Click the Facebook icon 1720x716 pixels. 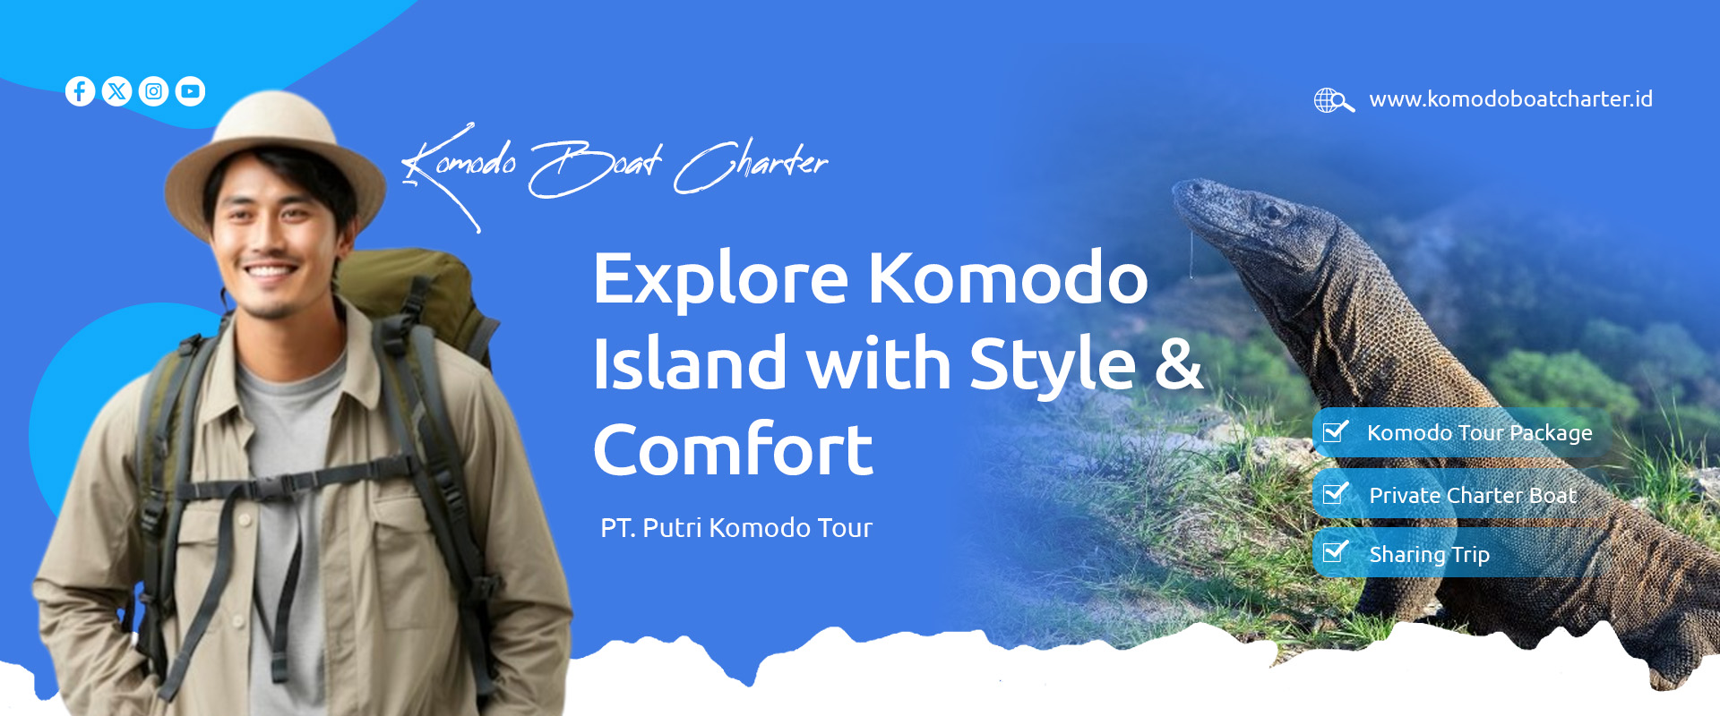point(80,91)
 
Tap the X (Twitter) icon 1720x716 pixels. point(116,91)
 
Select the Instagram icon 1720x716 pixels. point(153,91)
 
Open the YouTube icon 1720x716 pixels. point(190,91)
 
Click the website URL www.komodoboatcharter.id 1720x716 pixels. point(1510,99)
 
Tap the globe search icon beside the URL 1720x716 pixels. point(1333,100)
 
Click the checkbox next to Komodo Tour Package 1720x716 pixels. point(1336,431)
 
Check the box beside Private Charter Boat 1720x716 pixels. point(1336,493)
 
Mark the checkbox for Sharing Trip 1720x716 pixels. point(1336,551)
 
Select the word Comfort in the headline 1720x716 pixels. point(733,449)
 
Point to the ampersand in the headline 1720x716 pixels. point(1178,363)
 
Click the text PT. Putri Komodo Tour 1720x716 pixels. point(736,528)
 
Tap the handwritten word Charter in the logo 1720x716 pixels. point(751,166)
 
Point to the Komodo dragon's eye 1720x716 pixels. point(1269,213)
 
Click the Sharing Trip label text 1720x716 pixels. point(1429,555)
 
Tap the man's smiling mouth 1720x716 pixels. point(271,269)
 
